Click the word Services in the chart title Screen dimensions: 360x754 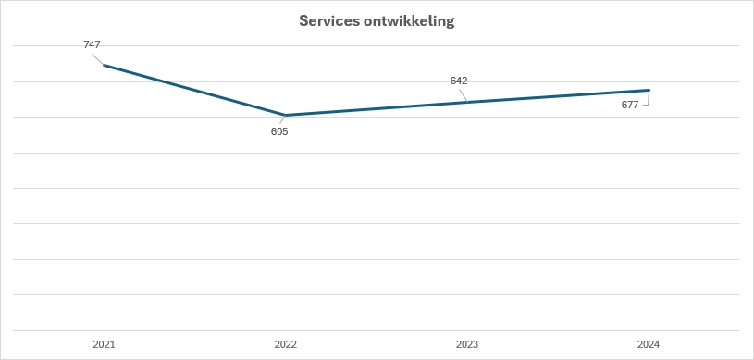(x=329, y=21)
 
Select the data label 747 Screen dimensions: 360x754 (x=92, y=44)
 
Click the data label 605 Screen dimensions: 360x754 (x=279, y=131)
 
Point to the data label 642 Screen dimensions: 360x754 (x=459, y=81)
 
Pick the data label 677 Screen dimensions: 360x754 (x=630, y=105)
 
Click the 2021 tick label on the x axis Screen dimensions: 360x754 (x=104, y=344)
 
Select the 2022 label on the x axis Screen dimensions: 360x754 (x=286, y=344)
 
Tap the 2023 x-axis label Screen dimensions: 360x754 (x=467, y=344)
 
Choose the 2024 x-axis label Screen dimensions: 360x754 (x=649, y=344)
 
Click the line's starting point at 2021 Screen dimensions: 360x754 (x=105, y=65)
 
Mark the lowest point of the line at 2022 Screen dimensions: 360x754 (x=286, y=115)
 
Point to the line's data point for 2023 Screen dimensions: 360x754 (x=467, y=102)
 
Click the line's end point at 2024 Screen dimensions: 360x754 (x=649, y=90)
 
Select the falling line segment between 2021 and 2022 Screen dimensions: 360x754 (x=195, y=90)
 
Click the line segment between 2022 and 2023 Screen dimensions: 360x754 (x=377, y=108)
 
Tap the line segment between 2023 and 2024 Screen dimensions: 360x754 (x=558, y=96)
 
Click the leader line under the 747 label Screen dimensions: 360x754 (x=97, y=57)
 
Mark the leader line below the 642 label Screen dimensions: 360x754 (x=463, y=93)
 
